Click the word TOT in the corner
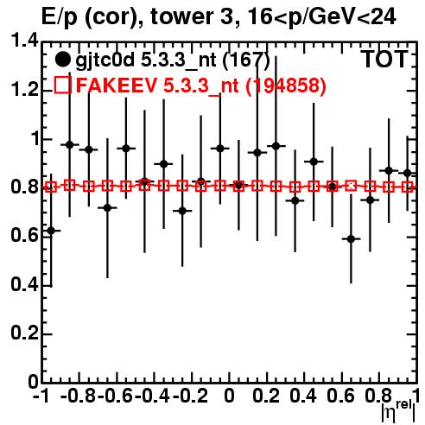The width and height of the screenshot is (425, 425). [x=384, y=60]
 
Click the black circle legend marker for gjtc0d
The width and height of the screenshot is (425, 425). [x=62, y=60]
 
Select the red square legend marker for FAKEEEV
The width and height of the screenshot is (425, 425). [x=62, y=85]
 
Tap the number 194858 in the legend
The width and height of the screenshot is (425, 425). [x=286, y=86]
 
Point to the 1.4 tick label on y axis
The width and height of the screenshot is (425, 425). [x=24, y=41]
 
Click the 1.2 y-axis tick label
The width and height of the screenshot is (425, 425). [x=24, y=90]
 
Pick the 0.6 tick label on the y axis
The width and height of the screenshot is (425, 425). [x=24, y=236]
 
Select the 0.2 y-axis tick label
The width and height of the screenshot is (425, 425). [x=24, y=333]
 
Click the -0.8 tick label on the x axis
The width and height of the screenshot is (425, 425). [x=78, y=396]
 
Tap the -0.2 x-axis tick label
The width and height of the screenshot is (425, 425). [x=190, y=396]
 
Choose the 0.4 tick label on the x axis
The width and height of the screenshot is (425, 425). [x=303, y=396]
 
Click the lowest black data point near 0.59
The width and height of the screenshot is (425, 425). [x=351, y=238]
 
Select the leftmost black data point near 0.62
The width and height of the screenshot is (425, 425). [x=51, y=231]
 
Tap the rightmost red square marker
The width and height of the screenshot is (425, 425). [x=408, y=187]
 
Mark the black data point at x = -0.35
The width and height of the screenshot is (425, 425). [x=163, y=164]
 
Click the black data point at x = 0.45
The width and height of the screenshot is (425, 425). [x=314, y=162]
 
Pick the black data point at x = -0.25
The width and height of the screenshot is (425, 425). [x=182, y=211]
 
